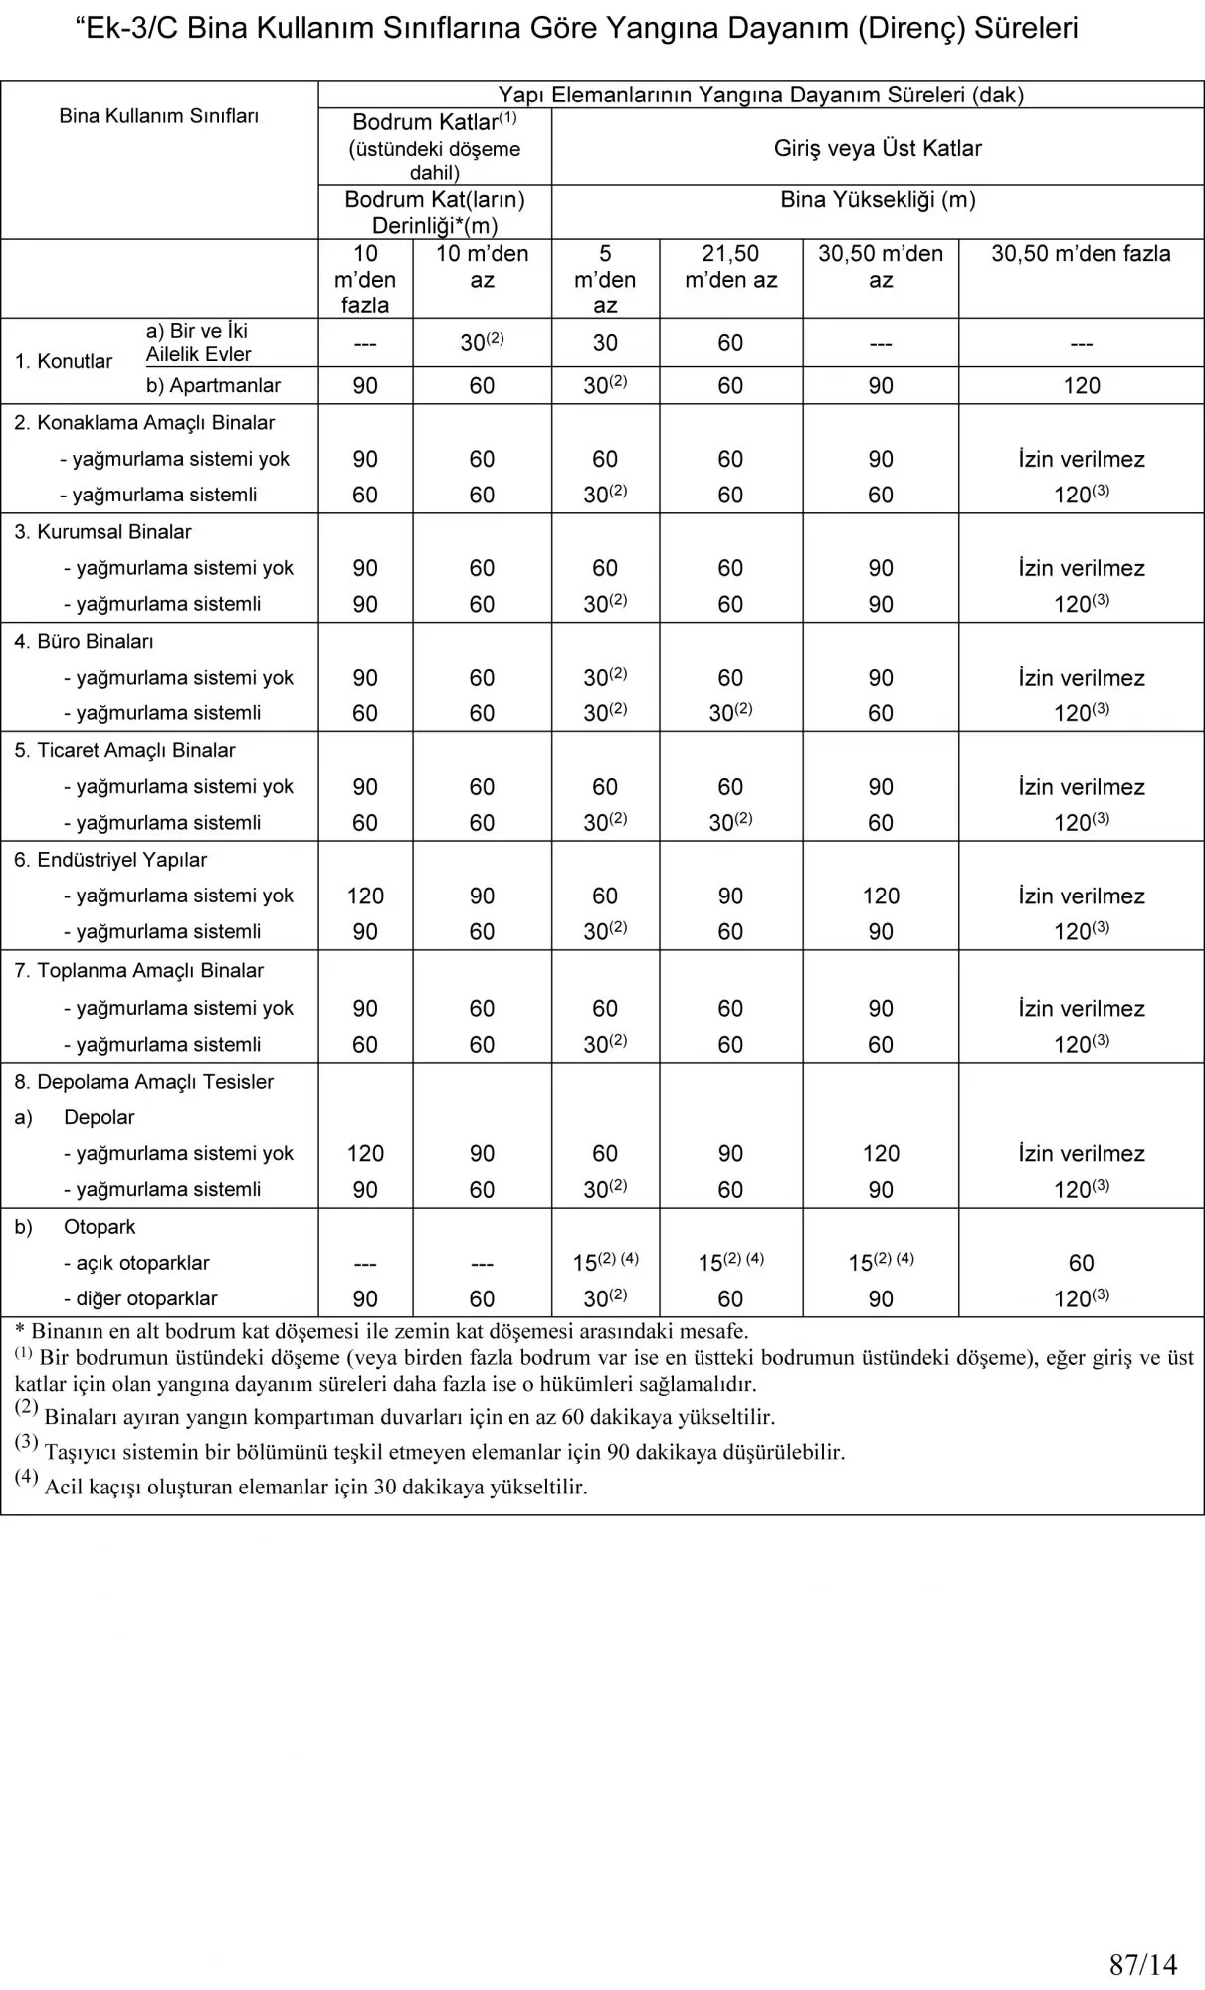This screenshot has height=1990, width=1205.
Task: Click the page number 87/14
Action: [1142, 1964]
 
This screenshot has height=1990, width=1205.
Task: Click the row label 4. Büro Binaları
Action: [84, 641]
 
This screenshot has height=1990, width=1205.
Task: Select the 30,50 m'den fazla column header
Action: [1081, 254]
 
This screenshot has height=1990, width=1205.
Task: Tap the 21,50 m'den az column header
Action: [730, 266]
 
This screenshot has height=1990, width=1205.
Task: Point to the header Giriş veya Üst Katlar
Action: [878, 148]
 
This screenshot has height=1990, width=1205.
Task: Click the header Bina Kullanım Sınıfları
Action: [159, 116]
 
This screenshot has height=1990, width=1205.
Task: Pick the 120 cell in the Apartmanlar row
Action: [1081, 386]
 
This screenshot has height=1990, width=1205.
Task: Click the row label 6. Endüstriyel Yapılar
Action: [110, 860]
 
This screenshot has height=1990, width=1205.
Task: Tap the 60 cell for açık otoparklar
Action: [1081, 1263]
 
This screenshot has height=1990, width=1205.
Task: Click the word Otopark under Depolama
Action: [100, 1227]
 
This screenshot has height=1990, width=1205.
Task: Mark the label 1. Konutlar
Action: [64, 361]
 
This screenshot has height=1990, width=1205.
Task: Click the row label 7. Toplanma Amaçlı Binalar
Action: [138, 970]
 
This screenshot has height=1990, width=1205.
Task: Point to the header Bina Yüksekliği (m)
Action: [878, 199]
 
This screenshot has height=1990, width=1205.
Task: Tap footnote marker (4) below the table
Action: [26, 1477]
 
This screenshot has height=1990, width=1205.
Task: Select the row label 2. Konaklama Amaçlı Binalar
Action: [144, 423]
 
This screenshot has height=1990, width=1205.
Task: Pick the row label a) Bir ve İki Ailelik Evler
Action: [198, 342]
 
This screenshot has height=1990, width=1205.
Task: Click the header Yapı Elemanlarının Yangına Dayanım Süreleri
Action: [760, 95]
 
